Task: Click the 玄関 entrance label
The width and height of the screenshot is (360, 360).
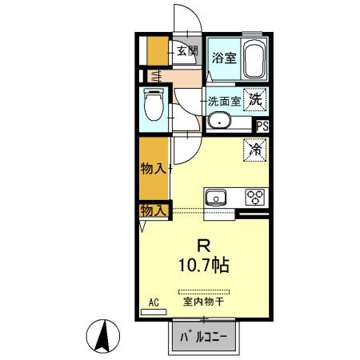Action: (x=187, y=50)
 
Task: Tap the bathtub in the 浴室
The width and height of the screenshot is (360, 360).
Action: (x=254, y=59)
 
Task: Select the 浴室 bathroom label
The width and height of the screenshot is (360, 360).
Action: (x=224, y=58)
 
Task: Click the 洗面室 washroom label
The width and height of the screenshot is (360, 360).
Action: (x=224, y=102)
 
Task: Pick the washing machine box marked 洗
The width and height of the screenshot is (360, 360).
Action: (x=255, y=100)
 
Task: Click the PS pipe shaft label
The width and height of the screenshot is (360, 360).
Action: (x=262, y=126)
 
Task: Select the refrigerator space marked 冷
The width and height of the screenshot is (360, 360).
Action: (x=255, y=150)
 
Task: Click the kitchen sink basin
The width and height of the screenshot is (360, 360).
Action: (x=215, y=198)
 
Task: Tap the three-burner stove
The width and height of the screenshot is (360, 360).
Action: (x=254, y=197)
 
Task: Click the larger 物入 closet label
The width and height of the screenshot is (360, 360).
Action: (x=153, y=169)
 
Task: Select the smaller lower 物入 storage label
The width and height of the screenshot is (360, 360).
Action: (x=153, y=211)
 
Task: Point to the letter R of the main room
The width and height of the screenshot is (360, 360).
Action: (x=204, y=246)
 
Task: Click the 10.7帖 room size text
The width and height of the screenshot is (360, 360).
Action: (x=204, y=265)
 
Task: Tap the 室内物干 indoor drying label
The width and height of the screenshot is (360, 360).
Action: (x=203, y=302)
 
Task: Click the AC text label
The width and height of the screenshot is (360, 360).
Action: (x=154, y=302)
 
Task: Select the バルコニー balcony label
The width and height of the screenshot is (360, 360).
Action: (x=204, y=338)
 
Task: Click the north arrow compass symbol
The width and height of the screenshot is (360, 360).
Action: (x=103, y=336)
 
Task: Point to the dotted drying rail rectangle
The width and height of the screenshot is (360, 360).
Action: (x=204, y=292)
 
